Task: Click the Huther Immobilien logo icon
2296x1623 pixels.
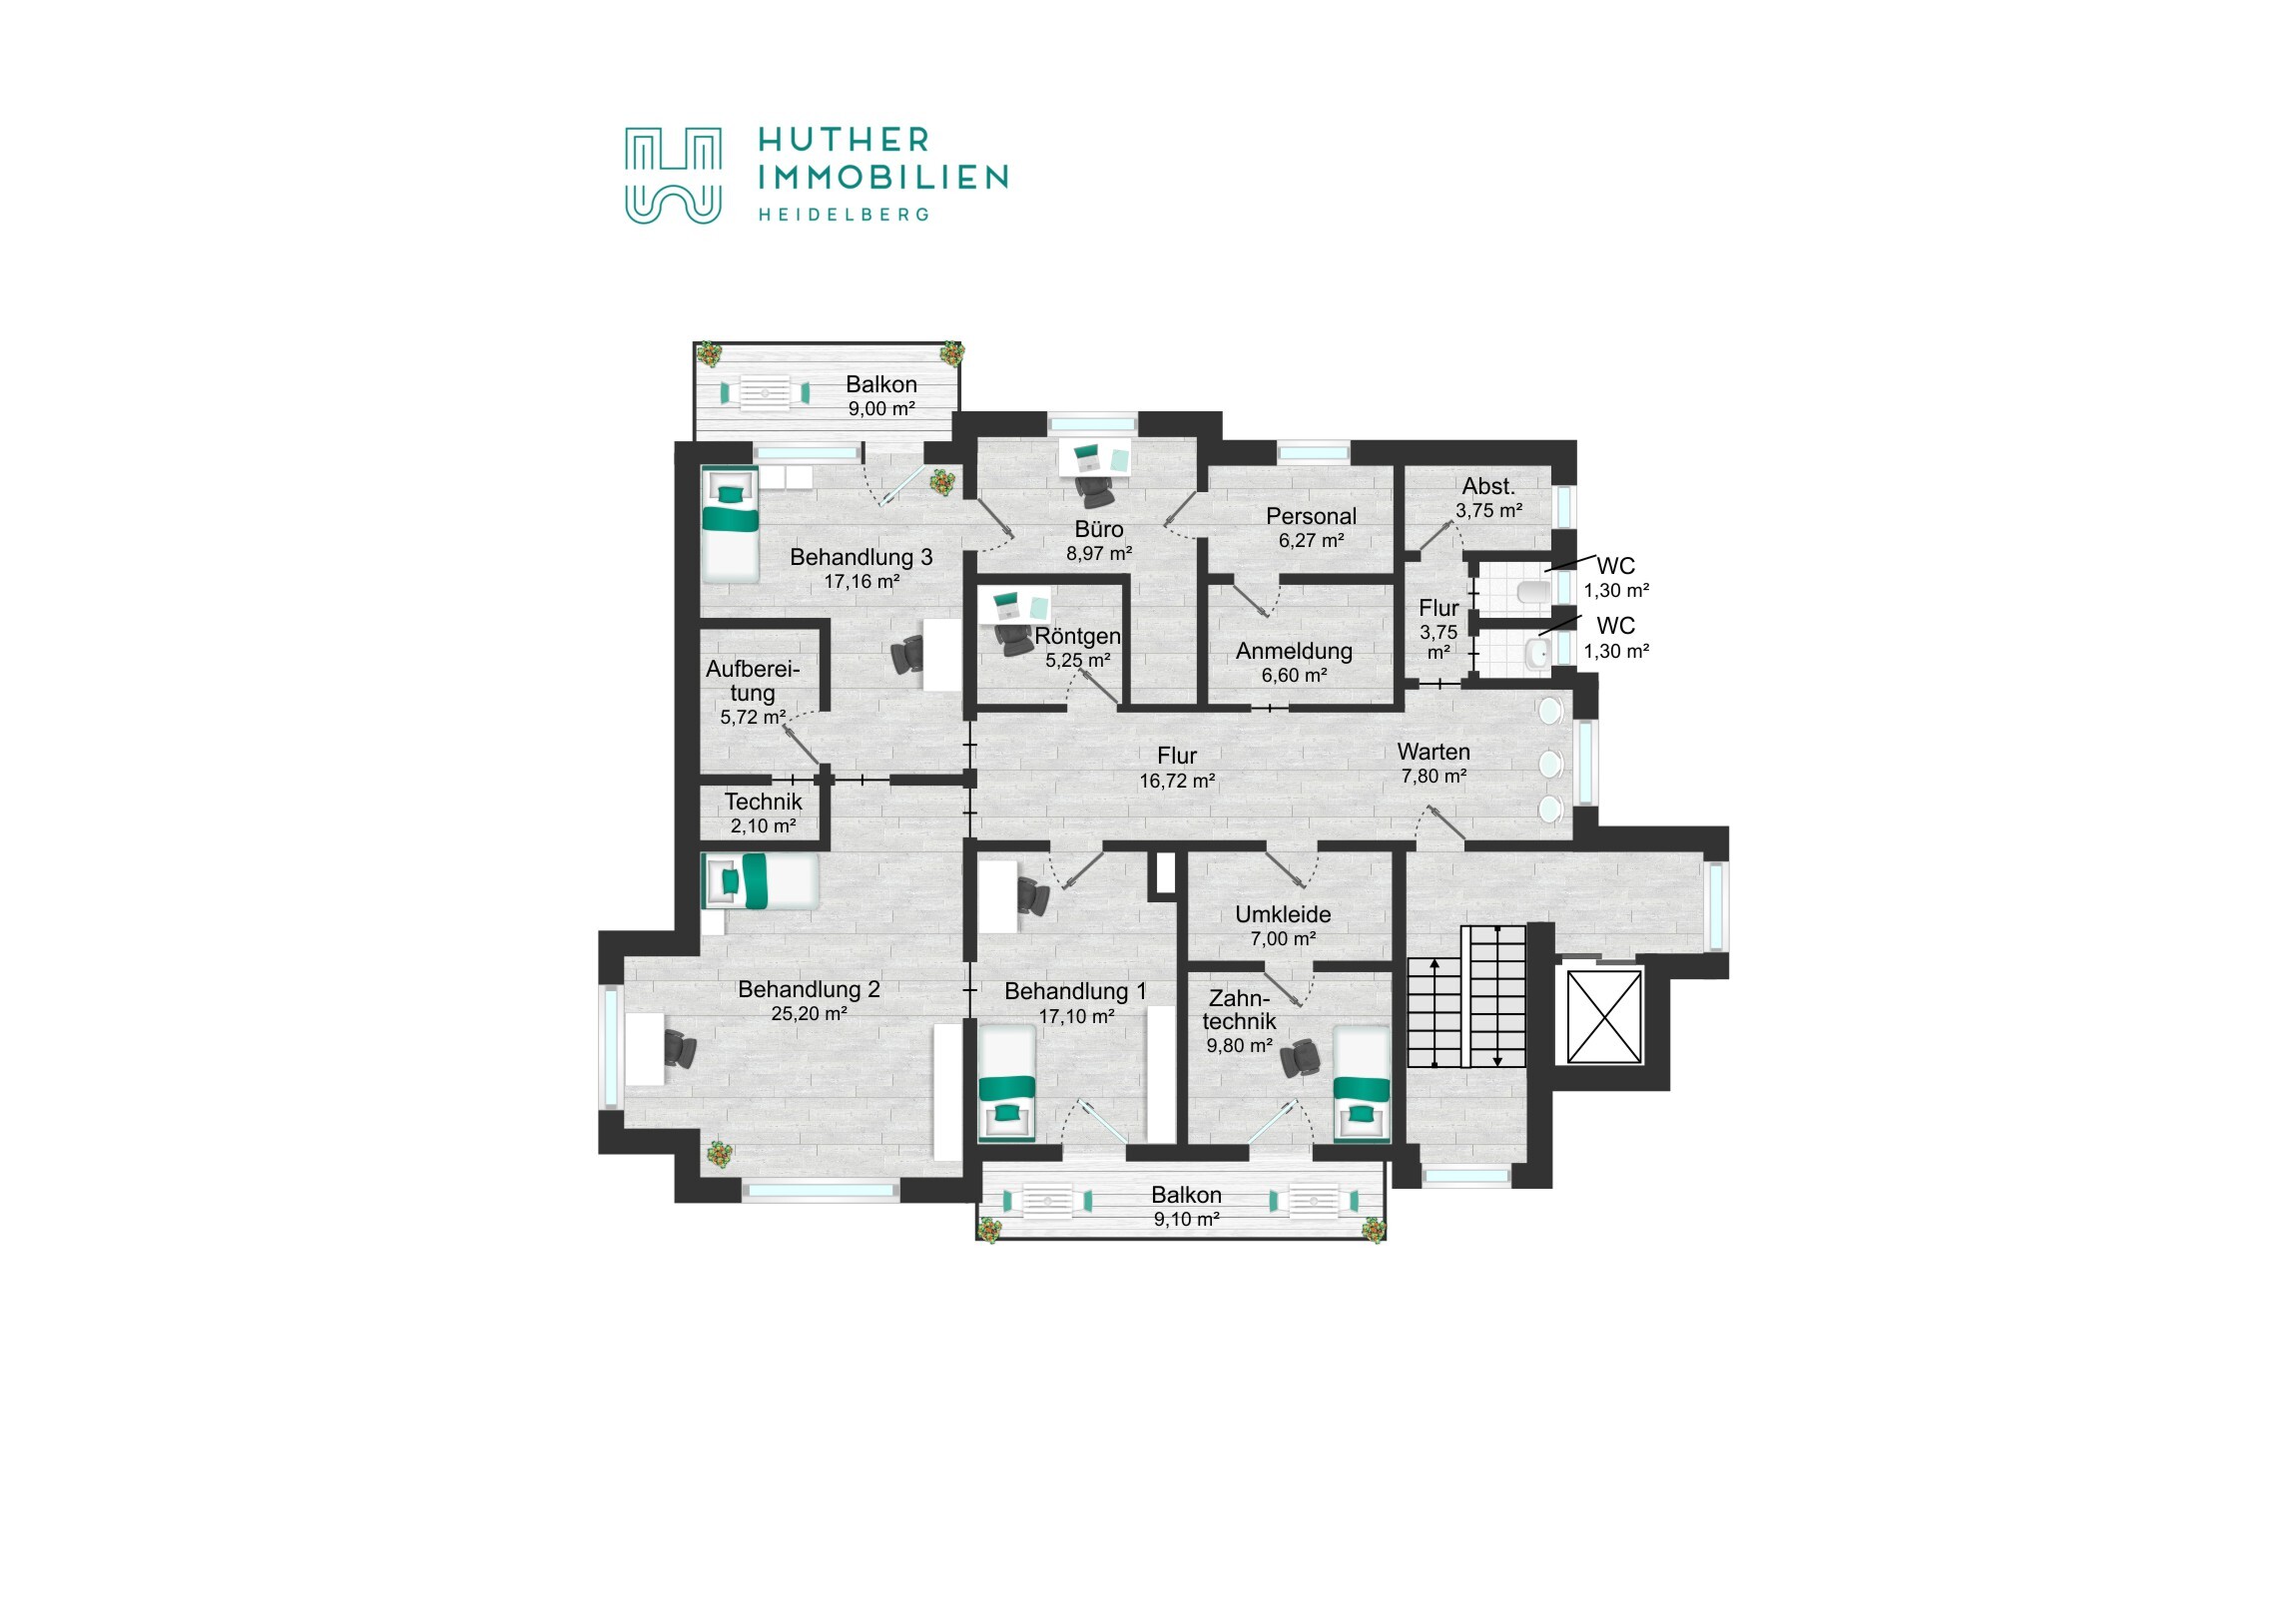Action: point(672,175)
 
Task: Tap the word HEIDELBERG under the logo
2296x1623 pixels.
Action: point(843,214)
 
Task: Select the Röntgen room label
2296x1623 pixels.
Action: point(1077,636)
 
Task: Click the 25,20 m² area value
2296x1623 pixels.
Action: point(809,1013)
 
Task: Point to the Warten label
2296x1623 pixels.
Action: point(1433,751)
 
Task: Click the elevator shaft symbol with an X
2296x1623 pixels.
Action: point(1604,1017)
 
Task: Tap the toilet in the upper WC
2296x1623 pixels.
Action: point(1532,592)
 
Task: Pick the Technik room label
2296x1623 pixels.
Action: point(763,802)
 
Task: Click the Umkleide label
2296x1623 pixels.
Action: point(1283,914)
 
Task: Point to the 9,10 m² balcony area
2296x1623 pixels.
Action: point(1187,1219)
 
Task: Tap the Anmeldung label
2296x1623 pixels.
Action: point(1294,651)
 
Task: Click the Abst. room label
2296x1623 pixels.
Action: point(1489,486)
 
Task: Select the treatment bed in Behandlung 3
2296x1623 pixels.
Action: point(729,525)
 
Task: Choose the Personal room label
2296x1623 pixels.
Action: point(1311,516)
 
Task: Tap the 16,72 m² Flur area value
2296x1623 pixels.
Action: point(1177,781)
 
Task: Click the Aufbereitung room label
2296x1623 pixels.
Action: point(753,681)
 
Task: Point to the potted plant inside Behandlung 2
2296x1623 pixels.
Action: point(719,1154)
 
